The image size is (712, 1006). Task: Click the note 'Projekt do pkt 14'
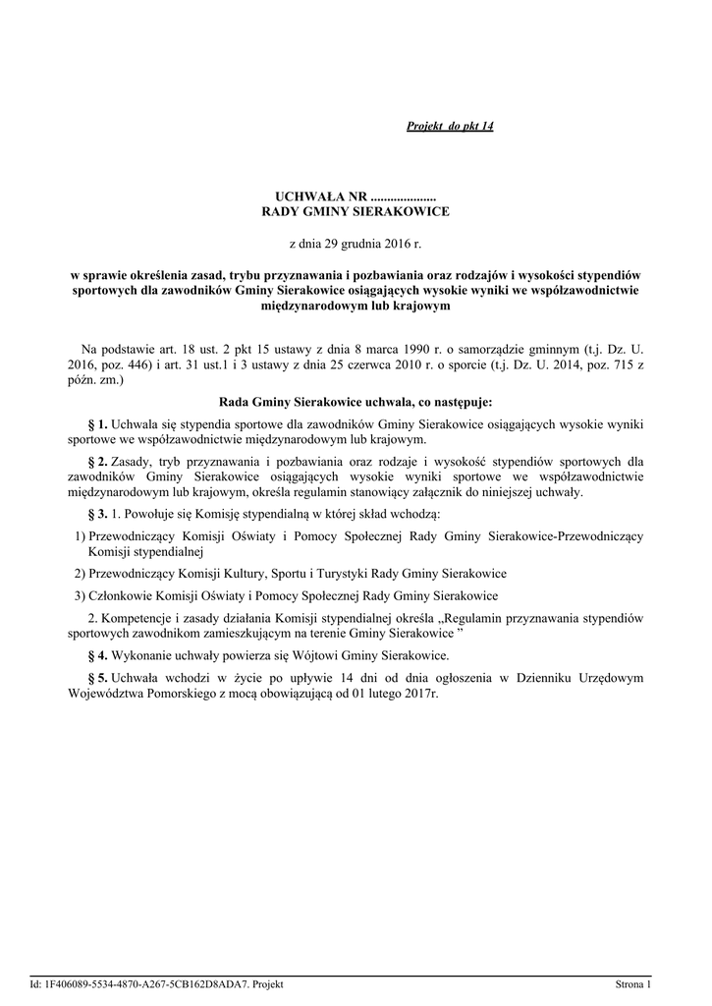(450, 128)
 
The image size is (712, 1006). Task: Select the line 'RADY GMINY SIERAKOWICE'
(355, 211)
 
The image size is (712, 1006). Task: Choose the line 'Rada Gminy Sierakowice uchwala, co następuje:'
(355, 402)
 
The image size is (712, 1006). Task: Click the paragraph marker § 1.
(97, 422)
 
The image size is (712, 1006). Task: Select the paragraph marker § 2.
(97, 460)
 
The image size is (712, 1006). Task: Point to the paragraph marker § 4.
(97, 655)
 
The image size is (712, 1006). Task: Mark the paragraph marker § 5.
(97, 676)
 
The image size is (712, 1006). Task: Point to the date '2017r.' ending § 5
(418, 694)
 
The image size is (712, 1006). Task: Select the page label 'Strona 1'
(632, 983)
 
